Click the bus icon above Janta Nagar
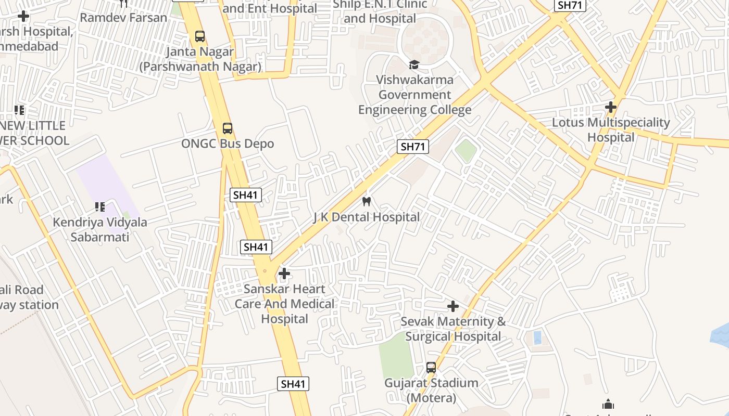[200, 36]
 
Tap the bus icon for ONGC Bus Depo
[228, 128]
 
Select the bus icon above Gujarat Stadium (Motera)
[431, 368]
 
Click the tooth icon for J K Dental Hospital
[367, 201]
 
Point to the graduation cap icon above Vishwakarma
[414, 64]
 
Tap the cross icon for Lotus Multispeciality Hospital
[611, 108]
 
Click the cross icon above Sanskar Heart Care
[284, 274]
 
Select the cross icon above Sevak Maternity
[453, 306]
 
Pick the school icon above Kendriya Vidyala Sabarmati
[100, 207]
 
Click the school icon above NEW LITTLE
[19, 110]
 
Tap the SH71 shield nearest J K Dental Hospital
[413, 147]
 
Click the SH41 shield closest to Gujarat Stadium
[293, 384]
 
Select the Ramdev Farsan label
[123, 17]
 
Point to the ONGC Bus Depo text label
[228, 144]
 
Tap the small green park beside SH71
[466, 150]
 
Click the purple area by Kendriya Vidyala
[104, 182]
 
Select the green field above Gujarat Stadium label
[396, 356]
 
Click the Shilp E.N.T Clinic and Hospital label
[380, 11]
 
